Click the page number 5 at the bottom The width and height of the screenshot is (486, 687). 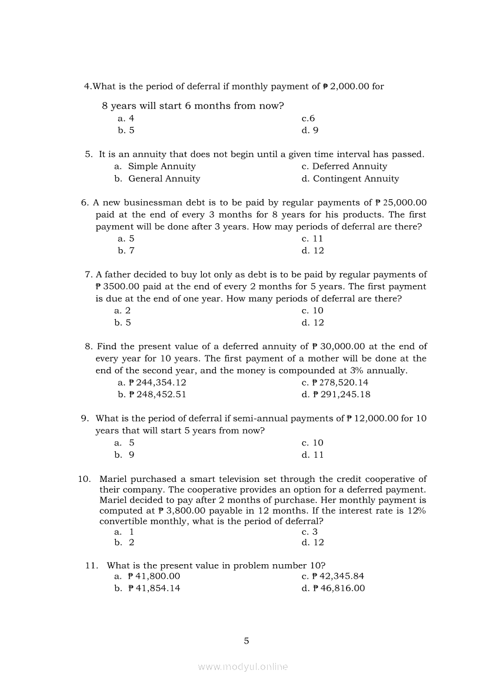point(247,641)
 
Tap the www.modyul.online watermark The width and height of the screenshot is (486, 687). point(243,667)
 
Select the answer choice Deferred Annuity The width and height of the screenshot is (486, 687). point(349,166)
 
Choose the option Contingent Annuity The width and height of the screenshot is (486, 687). point(355,179)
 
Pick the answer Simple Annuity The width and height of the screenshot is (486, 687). point(162,166)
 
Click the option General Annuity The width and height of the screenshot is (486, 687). point(164,179)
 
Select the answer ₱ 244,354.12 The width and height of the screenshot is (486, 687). point(157,382)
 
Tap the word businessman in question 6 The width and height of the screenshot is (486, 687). point(145,203)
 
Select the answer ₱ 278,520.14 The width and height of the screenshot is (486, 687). point(340,382)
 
